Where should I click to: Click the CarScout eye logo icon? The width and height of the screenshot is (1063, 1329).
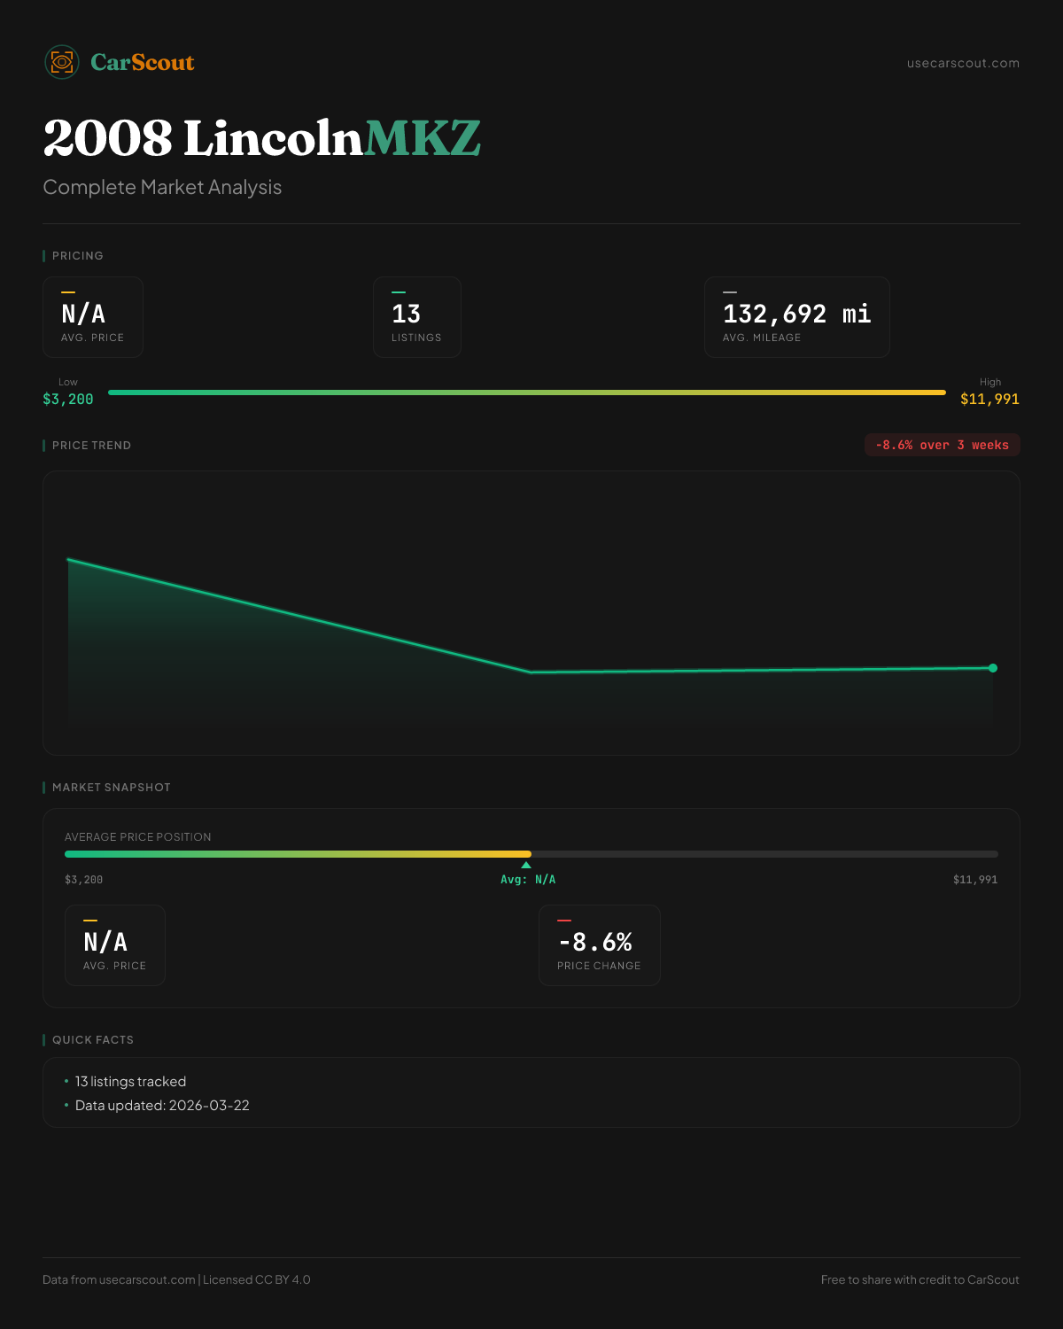[62, 62]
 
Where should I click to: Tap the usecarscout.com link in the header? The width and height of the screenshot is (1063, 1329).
[963, 63]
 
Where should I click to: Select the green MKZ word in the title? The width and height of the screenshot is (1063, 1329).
[423, 139]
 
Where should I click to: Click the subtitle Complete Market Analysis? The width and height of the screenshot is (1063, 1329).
[162, 188]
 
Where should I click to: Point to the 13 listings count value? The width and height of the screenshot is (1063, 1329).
[407, 314]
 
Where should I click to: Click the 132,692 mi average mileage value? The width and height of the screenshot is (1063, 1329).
[796, 314]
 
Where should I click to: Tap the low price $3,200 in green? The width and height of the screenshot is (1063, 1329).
[68, 400]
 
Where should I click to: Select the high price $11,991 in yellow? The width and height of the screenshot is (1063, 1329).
[989, 400]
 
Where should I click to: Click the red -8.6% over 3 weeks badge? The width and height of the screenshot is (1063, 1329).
[942, 445]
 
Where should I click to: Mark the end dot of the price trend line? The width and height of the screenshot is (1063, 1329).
[993, 668]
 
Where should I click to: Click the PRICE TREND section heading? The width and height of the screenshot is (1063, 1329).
[91, 446]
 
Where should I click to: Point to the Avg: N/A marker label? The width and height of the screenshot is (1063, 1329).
[528, 880]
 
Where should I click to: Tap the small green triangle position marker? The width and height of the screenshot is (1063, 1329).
[526, 865]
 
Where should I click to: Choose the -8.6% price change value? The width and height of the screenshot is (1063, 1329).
[595, 942]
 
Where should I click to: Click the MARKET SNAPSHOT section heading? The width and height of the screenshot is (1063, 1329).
[111, 788]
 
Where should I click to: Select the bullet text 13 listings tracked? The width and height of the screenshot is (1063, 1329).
[130, 1082]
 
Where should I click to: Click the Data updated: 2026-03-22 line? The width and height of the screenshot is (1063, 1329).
[162, 1106]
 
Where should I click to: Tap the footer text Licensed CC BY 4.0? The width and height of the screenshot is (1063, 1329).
[257, 1279]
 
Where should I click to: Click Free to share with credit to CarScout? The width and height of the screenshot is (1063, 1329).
[919, 1279]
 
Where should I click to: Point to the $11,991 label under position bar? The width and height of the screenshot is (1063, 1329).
[974, 880]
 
